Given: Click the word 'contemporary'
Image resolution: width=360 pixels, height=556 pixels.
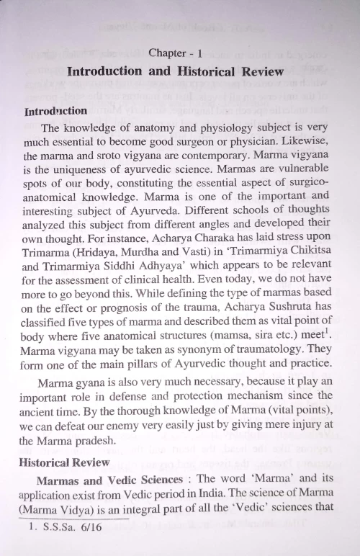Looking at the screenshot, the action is [225, 156].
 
